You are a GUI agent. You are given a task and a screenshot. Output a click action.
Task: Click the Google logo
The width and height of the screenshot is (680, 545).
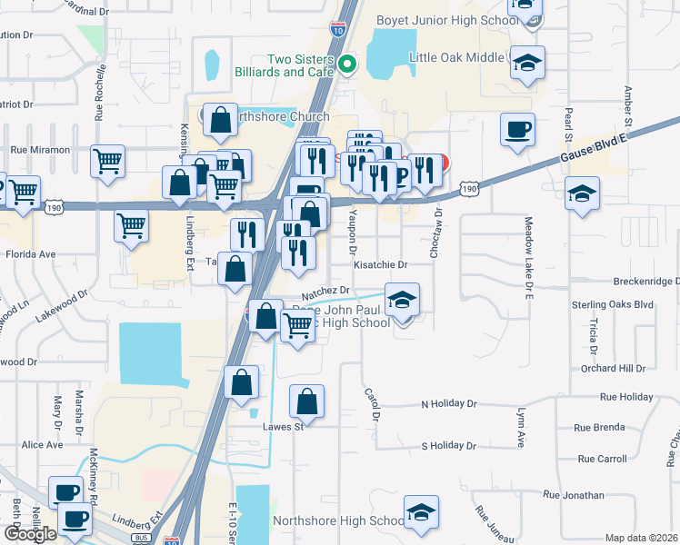tap(30, 534)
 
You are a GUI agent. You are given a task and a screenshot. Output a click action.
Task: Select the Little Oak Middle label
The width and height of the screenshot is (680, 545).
tap(456, 57)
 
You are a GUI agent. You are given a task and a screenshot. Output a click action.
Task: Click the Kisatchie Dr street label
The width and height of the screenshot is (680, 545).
tap(381, 264)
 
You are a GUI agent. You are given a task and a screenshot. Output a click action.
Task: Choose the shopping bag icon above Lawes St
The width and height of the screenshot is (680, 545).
tap(307, 401)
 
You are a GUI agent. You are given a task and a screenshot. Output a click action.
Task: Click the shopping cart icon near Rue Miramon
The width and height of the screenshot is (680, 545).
tap(107, 162)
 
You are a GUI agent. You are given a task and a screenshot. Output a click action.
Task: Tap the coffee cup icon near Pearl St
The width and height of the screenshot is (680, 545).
tap(517, 130)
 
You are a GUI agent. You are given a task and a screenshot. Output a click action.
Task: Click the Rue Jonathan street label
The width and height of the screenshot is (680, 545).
tap(574, 495)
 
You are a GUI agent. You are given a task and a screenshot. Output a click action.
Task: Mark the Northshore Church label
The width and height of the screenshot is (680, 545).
tap(282, 116)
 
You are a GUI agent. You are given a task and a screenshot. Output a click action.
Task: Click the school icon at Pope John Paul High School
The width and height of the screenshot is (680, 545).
tap(402, 299)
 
